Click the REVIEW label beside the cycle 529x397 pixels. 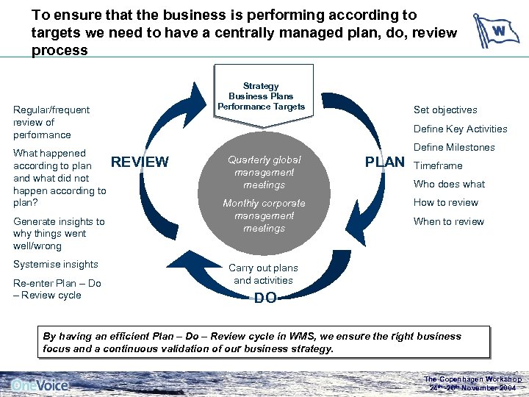point(140,162)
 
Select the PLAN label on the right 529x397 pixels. point(385,162)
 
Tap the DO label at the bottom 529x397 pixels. point(265,298)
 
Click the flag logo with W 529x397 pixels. point(496,31)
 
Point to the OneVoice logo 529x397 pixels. point(40,385)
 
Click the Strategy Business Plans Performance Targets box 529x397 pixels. point(261,96)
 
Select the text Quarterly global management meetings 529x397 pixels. point(264,172)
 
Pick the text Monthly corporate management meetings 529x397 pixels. point(264,215)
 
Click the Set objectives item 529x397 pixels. point(445,110)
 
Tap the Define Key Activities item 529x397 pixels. point(461,129)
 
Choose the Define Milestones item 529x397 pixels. point(454,147)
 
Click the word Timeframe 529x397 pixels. point(439,165)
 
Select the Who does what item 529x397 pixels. point(449,184)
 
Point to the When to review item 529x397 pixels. point(448,221)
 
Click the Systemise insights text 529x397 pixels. point(56,265)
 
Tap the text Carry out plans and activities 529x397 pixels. point(264,274)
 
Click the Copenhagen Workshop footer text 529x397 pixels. point(473,383)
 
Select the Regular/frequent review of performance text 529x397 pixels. point(51,122)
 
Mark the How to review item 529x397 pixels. point(445,203)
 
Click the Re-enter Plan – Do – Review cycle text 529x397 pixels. point(57,289)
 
